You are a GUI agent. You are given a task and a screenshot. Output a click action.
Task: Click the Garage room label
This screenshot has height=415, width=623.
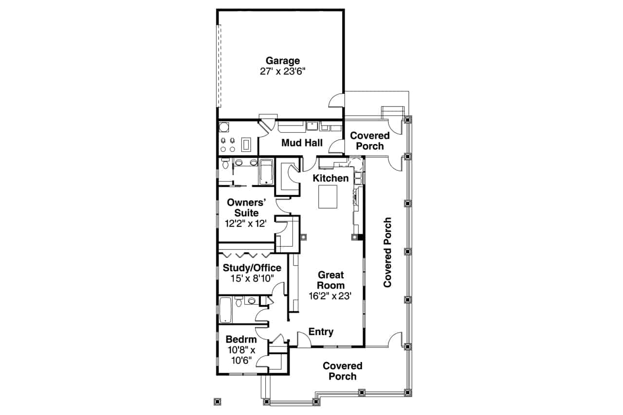(282, 61)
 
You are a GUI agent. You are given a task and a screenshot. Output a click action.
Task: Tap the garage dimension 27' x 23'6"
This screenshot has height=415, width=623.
(282, 71)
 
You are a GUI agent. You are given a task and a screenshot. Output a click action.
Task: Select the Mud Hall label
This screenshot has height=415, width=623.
(302, 143)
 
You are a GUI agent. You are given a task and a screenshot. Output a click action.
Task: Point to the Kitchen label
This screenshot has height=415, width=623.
(330, 178)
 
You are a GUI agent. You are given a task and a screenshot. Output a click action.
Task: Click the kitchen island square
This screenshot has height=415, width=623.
(328, 197)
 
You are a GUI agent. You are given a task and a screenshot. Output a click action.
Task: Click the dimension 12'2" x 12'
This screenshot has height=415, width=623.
(246, 224)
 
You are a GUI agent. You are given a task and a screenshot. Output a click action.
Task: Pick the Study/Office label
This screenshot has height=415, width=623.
(252, 268)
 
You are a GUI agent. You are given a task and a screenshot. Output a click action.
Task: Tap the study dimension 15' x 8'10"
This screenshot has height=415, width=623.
(252, 278)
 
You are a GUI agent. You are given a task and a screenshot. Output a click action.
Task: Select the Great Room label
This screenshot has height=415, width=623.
(331, 280)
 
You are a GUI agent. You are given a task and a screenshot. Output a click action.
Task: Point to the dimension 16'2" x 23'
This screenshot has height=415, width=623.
(330, 295)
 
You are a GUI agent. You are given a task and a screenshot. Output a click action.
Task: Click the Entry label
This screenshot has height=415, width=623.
(321, 332)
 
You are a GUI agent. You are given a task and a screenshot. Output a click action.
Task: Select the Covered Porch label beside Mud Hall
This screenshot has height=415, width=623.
(370, 141)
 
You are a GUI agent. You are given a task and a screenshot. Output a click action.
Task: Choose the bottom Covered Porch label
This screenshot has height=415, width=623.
(343, 371)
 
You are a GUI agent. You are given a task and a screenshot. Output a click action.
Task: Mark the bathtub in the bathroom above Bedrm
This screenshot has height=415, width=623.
(225, 310)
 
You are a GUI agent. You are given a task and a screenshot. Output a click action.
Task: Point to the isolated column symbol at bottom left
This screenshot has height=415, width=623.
(218, 402)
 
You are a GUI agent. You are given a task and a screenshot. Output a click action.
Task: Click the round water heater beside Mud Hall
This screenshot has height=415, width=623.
(224, 127)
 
